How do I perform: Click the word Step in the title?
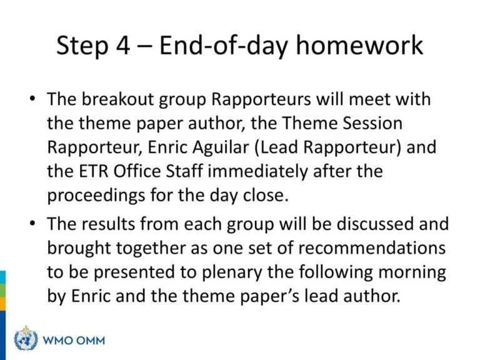(x=82, y=46)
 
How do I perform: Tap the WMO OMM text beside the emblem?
(x=74, y=341)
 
